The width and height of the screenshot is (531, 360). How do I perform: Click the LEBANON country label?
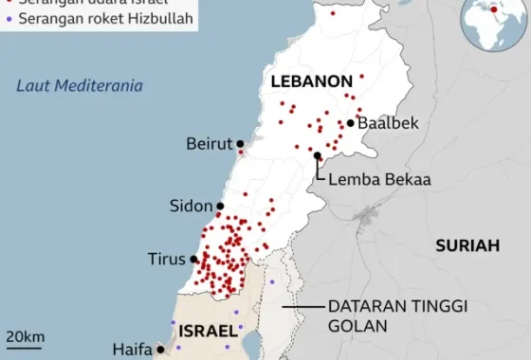click(311, 81)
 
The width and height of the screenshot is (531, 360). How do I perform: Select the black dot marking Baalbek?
click(351, 122)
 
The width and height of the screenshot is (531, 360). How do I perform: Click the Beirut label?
click(210, 143)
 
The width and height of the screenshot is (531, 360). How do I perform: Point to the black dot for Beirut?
click(240, 143)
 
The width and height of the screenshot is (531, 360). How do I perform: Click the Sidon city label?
click(191, 206)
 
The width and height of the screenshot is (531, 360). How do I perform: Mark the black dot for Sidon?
click(220, 206)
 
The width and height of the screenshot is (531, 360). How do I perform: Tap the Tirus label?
click(167, 259)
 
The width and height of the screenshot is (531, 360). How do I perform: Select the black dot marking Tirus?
click(193, 259)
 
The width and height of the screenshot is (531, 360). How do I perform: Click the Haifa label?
click(132, 349)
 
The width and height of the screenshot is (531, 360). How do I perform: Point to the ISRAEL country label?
click(201, 331)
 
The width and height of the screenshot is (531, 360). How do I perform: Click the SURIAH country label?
click(467, 245)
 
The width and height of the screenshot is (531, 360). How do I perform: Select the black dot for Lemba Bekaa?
click(317, 155)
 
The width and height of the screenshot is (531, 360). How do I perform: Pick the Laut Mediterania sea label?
click(80, 86)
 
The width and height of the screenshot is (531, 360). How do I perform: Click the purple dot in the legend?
click(9, 18)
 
